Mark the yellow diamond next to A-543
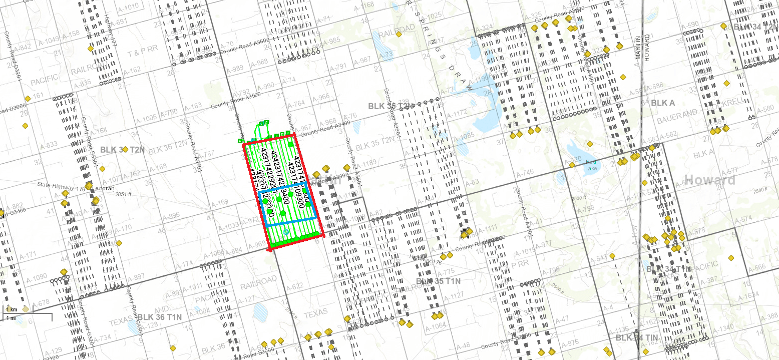(x=612, y=256)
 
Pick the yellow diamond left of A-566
(x=731, y=258)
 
